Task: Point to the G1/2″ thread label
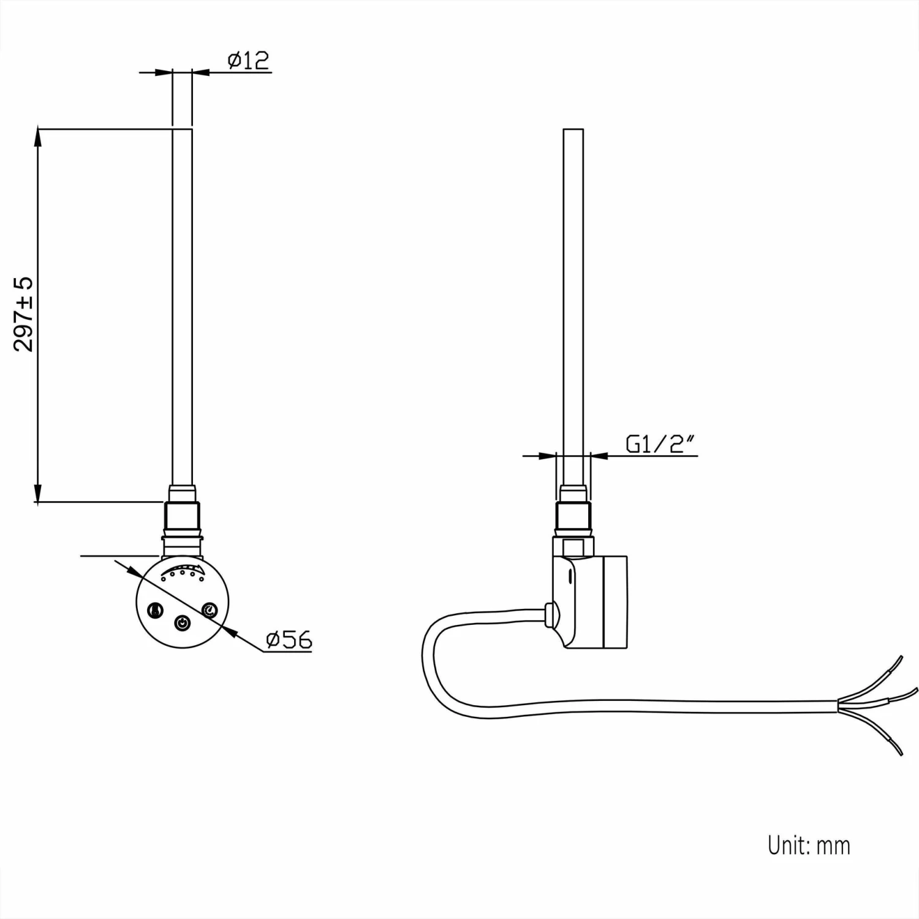click(x=662, y=444)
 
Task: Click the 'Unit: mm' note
click(x=809, y=845)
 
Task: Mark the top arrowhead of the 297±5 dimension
click(x=38, y=136)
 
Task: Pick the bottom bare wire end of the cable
click(x=895, y=747)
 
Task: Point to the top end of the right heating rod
click(x=573, y=129)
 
